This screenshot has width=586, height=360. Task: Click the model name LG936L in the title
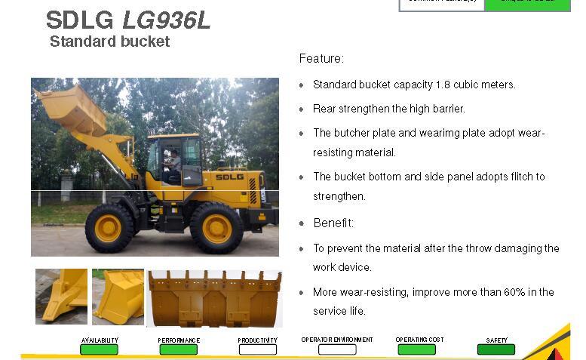click(x=166, y=19)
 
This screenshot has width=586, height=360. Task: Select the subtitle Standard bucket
click(x=109, y=42)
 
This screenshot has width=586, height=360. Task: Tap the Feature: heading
click(x=321, y=58)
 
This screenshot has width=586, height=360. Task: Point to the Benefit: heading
click(x=333, y=223)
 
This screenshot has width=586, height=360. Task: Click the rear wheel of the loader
click(x=216, y=227)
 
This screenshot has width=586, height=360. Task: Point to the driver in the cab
click(x=173, y=165)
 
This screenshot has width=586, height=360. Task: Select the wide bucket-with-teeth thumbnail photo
click(x=214, y=298)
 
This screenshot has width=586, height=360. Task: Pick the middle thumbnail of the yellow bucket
click(x=118, y=297)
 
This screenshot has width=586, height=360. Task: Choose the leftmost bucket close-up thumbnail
click(x=61, y=297)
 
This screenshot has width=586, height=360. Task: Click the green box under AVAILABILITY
click(x=100, y=349)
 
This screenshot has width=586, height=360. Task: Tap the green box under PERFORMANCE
click(x=179, y=349)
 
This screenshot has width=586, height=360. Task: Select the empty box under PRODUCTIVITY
click(x=258, y=349)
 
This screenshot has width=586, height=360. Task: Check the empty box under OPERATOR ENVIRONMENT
click(x=337, y=349)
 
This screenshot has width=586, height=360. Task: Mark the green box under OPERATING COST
click(x=416, y=349)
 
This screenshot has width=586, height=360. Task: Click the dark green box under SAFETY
click(x=496, y=349)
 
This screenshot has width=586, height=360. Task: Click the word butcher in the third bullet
click(x=351, y=133)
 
